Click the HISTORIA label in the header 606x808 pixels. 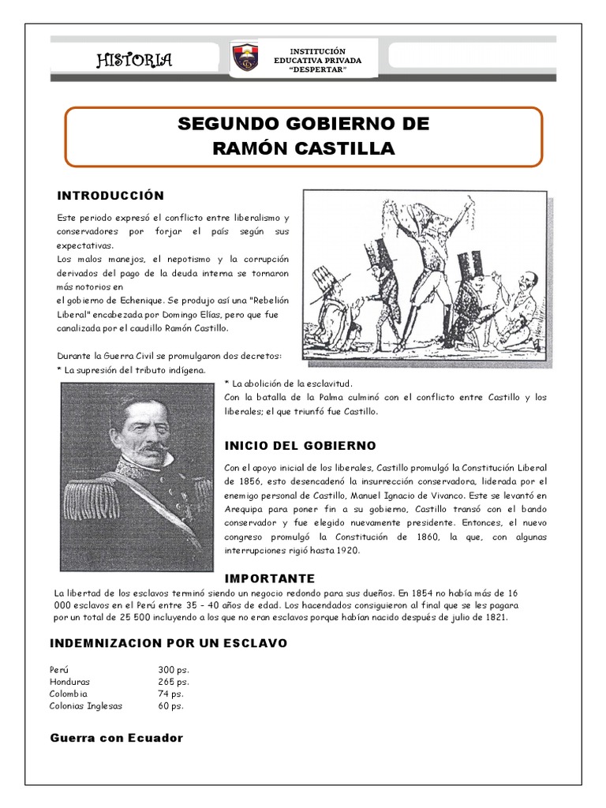coord(134,61)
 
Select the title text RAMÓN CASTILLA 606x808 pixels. coord(304,148)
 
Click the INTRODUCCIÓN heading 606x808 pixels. coord(110,196)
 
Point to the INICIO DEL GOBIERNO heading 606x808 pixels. coord(301,446)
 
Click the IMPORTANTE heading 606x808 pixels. coord(270,578)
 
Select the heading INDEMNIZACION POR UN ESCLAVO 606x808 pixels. coord(169,644)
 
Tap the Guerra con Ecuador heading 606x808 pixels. coord(116,738)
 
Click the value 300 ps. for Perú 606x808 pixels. coord(174,669)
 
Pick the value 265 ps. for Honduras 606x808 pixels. coord(174,682)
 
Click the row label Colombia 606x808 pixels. coord(69,694)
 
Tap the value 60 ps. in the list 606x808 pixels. coord(171,706)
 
